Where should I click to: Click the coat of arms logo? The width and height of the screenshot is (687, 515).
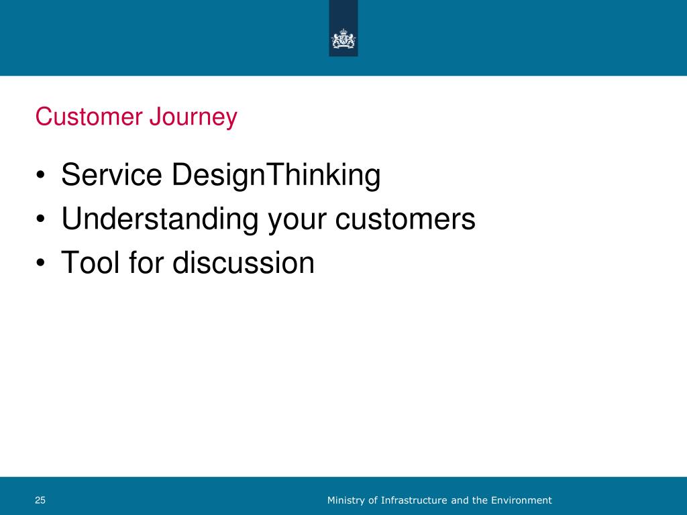[343, 38]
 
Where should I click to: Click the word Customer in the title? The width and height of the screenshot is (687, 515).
[89, 117]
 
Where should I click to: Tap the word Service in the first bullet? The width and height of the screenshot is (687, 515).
[112, 174]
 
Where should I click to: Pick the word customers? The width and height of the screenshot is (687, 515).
[405, 219]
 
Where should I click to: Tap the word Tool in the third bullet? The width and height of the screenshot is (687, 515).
[90, 262]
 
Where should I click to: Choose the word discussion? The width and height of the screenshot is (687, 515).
[244, 262]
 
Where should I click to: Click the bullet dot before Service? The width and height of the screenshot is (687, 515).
[41, 176]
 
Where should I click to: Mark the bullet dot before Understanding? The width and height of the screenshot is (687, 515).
[41, 219]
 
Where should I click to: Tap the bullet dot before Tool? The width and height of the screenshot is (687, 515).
[41, 263]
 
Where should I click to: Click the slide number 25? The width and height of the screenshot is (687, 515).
[40, 500]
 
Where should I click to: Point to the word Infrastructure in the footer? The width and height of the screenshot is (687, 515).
[414, 500]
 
